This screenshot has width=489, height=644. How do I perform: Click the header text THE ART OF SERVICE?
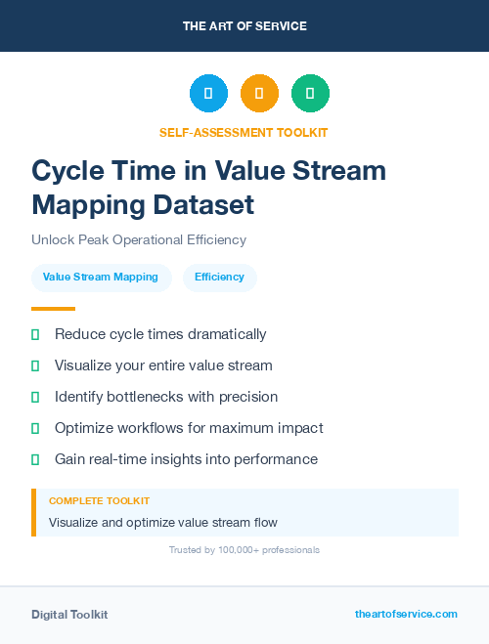[244, 26]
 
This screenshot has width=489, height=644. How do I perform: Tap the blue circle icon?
[208, 94]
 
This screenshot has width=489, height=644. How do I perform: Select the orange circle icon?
[259, 94]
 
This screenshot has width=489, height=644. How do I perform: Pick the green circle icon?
[310, 94]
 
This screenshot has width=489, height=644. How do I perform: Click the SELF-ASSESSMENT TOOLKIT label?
[244, 132]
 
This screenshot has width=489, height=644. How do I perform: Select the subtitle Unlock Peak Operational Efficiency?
[139, 239]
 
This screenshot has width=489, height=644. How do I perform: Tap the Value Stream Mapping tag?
[102, 278]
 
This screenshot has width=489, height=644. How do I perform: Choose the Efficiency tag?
[219, 278]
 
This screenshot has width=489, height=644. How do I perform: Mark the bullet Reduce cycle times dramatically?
[160, 334]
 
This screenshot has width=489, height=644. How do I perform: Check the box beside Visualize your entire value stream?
[35, 365]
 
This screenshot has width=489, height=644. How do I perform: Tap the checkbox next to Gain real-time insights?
[35, 459]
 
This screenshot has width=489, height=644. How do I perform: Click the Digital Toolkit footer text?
[69, 615]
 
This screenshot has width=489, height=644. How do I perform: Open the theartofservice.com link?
[406, 614]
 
